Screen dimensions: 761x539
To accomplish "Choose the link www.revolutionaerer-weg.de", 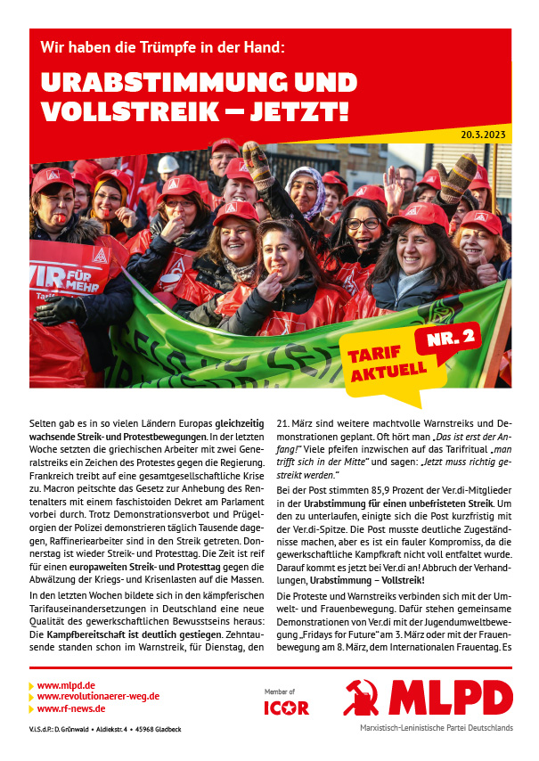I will (x=99, y=697).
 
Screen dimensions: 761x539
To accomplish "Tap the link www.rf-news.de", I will (x=71, y=708).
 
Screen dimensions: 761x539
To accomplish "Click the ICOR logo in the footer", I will (x=286, y=708).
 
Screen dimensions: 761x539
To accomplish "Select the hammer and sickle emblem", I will (x=365, y=699).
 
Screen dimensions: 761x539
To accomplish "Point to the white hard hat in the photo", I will (x=167, y=164).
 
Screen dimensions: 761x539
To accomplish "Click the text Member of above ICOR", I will (x=280, y=691).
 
